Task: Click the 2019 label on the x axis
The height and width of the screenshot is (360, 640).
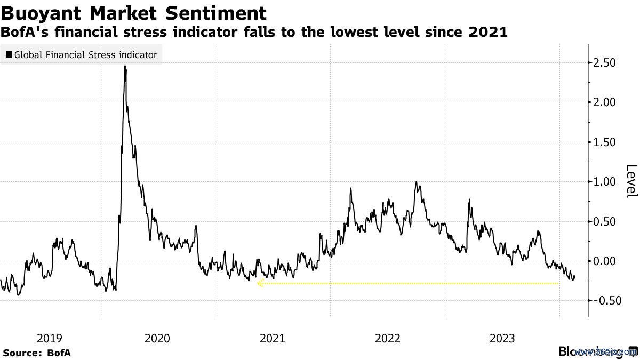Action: [x=50, y=338]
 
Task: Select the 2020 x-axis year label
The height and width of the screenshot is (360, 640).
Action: [x=157, y=338]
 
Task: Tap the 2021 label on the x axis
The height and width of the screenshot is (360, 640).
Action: [x=272, y=338]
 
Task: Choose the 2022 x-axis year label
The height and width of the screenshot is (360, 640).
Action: [x=387, y=338]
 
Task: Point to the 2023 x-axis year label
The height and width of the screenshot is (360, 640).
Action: [x=502, y=338]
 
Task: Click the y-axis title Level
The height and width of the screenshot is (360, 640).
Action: [x=631, y=181]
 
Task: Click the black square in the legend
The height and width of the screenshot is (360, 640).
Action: [x=9, y=55]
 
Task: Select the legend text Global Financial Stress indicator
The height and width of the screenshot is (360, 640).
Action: [x=85, y=55]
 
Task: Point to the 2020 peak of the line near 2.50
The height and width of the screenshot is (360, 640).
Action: [x=125, y=67]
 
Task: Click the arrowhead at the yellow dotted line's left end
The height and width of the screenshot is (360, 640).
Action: [x=260, y=284]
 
